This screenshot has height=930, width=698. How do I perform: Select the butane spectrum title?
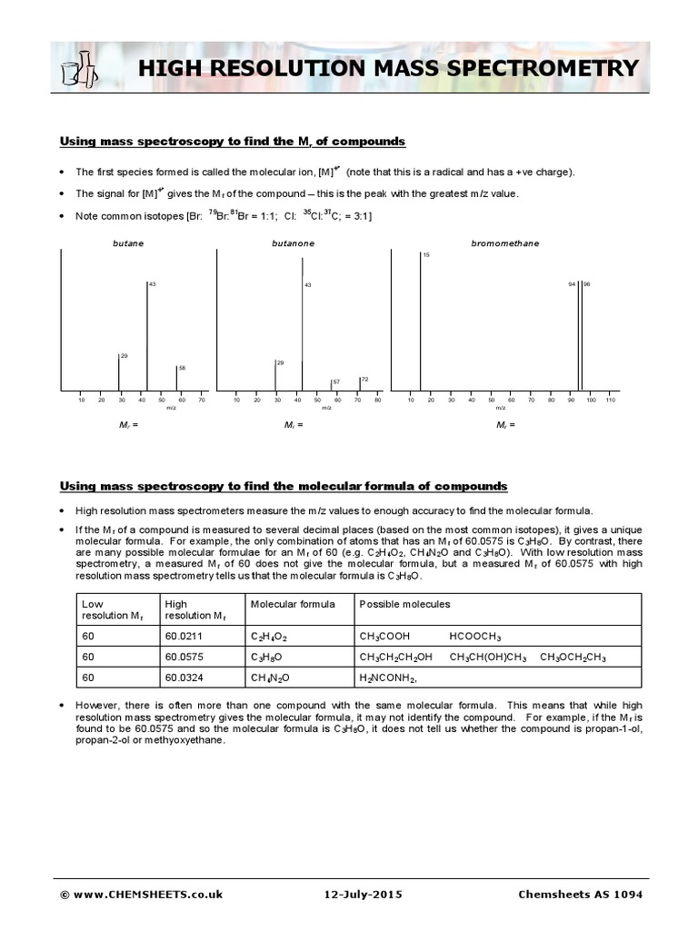(x=127, y=243)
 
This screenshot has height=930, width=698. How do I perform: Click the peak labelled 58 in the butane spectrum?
(x=176, y=378)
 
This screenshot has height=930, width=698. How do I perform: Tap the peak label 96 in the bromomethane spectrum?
(x=586, y=284)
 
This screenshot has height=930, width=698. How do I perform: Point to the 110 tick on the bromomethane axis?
(x=610, y=401)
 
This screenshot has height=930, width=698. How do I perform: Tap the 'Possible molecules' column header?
(x=404, y=604)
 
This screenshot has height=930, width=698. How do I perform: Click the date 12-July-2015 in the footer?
(x=360, y=895)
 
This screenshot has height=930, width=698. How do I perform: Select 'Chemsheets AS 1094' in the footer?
(x=580, y=895)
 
